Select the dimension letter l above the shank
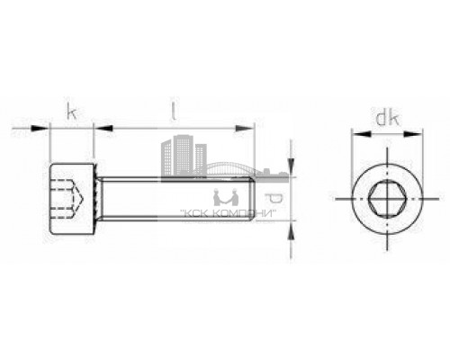point(172,112)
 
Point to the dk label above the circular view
point(386,117)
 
